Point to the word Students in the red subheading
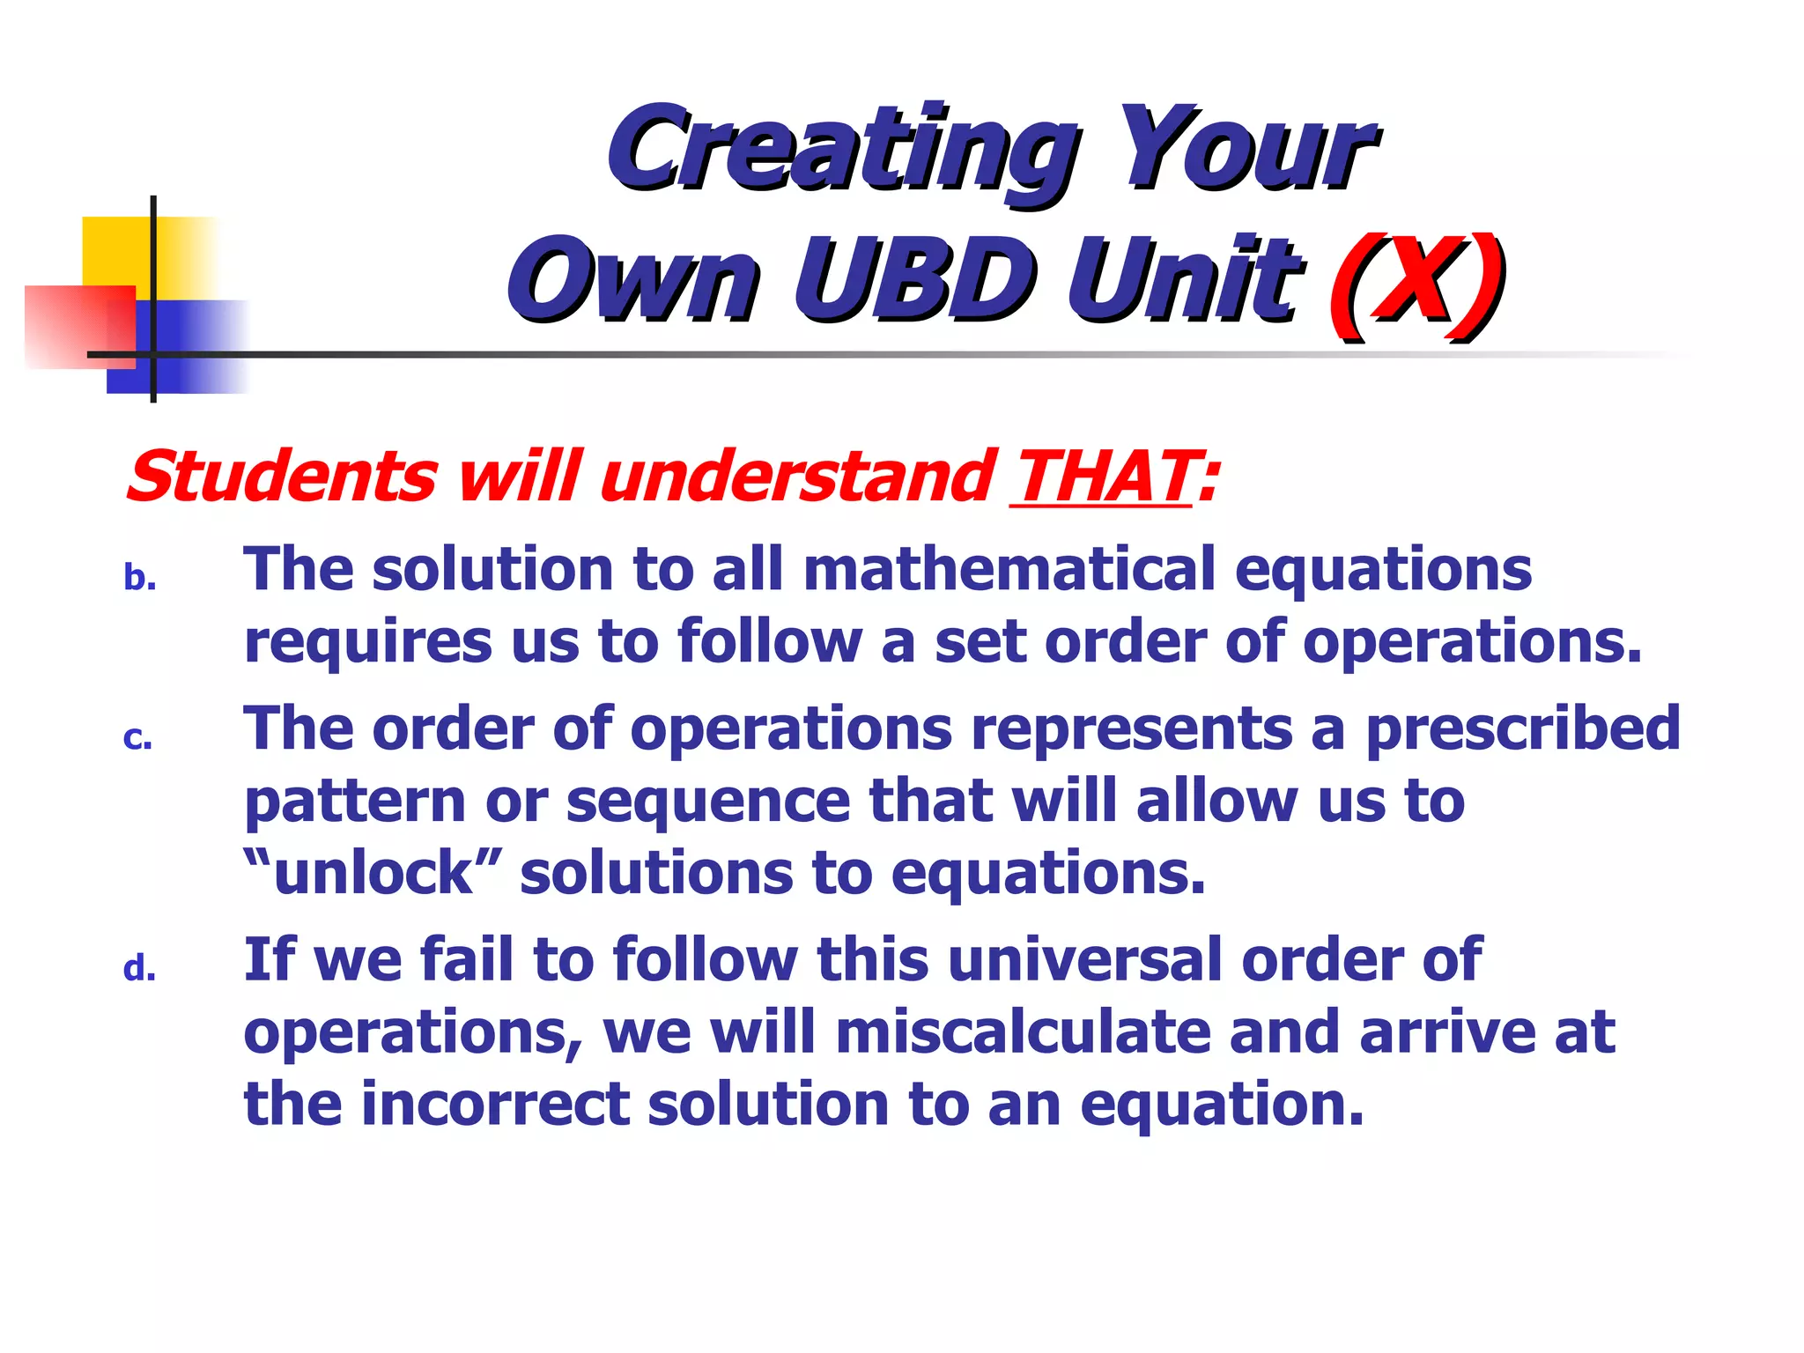coord(282,477)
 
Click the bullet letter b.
coord(139,579)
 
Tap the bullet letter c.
coord(137,739)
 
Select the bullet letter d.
coord(139,969)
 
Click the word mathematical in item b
coord(1009,569)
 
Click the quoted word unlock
coord(373,873)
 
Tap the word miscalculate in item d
coord(1022,1032)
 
